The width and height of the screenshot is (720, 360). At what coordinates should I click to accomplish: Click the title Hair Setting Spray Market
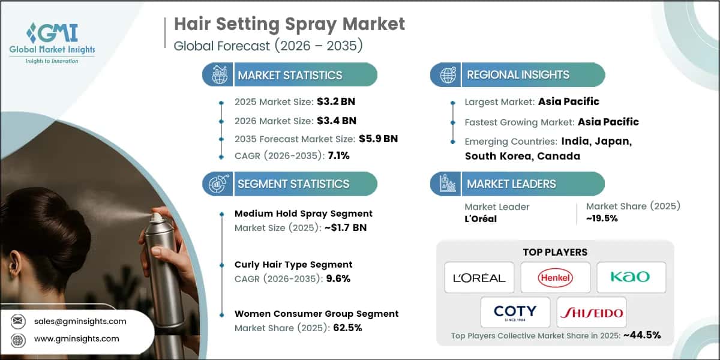[289, 25]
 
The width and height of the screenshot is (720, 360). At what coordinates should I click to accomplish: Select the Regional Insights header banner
[518, 75]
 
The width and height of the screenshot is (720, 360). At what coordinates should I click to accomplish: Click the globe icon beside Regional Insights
[447, 75]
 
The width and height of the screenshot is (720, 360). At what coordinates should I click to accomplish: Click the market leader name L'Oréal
[481, 218]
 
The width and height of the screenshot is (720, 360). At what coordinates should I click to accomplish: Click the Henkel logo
[555, 277]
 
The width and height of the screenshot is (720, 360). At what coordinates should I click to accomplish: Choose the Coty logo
[515, 312]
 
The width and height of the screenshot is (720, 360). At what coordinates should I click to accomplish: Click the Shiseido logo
[591, 312]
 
